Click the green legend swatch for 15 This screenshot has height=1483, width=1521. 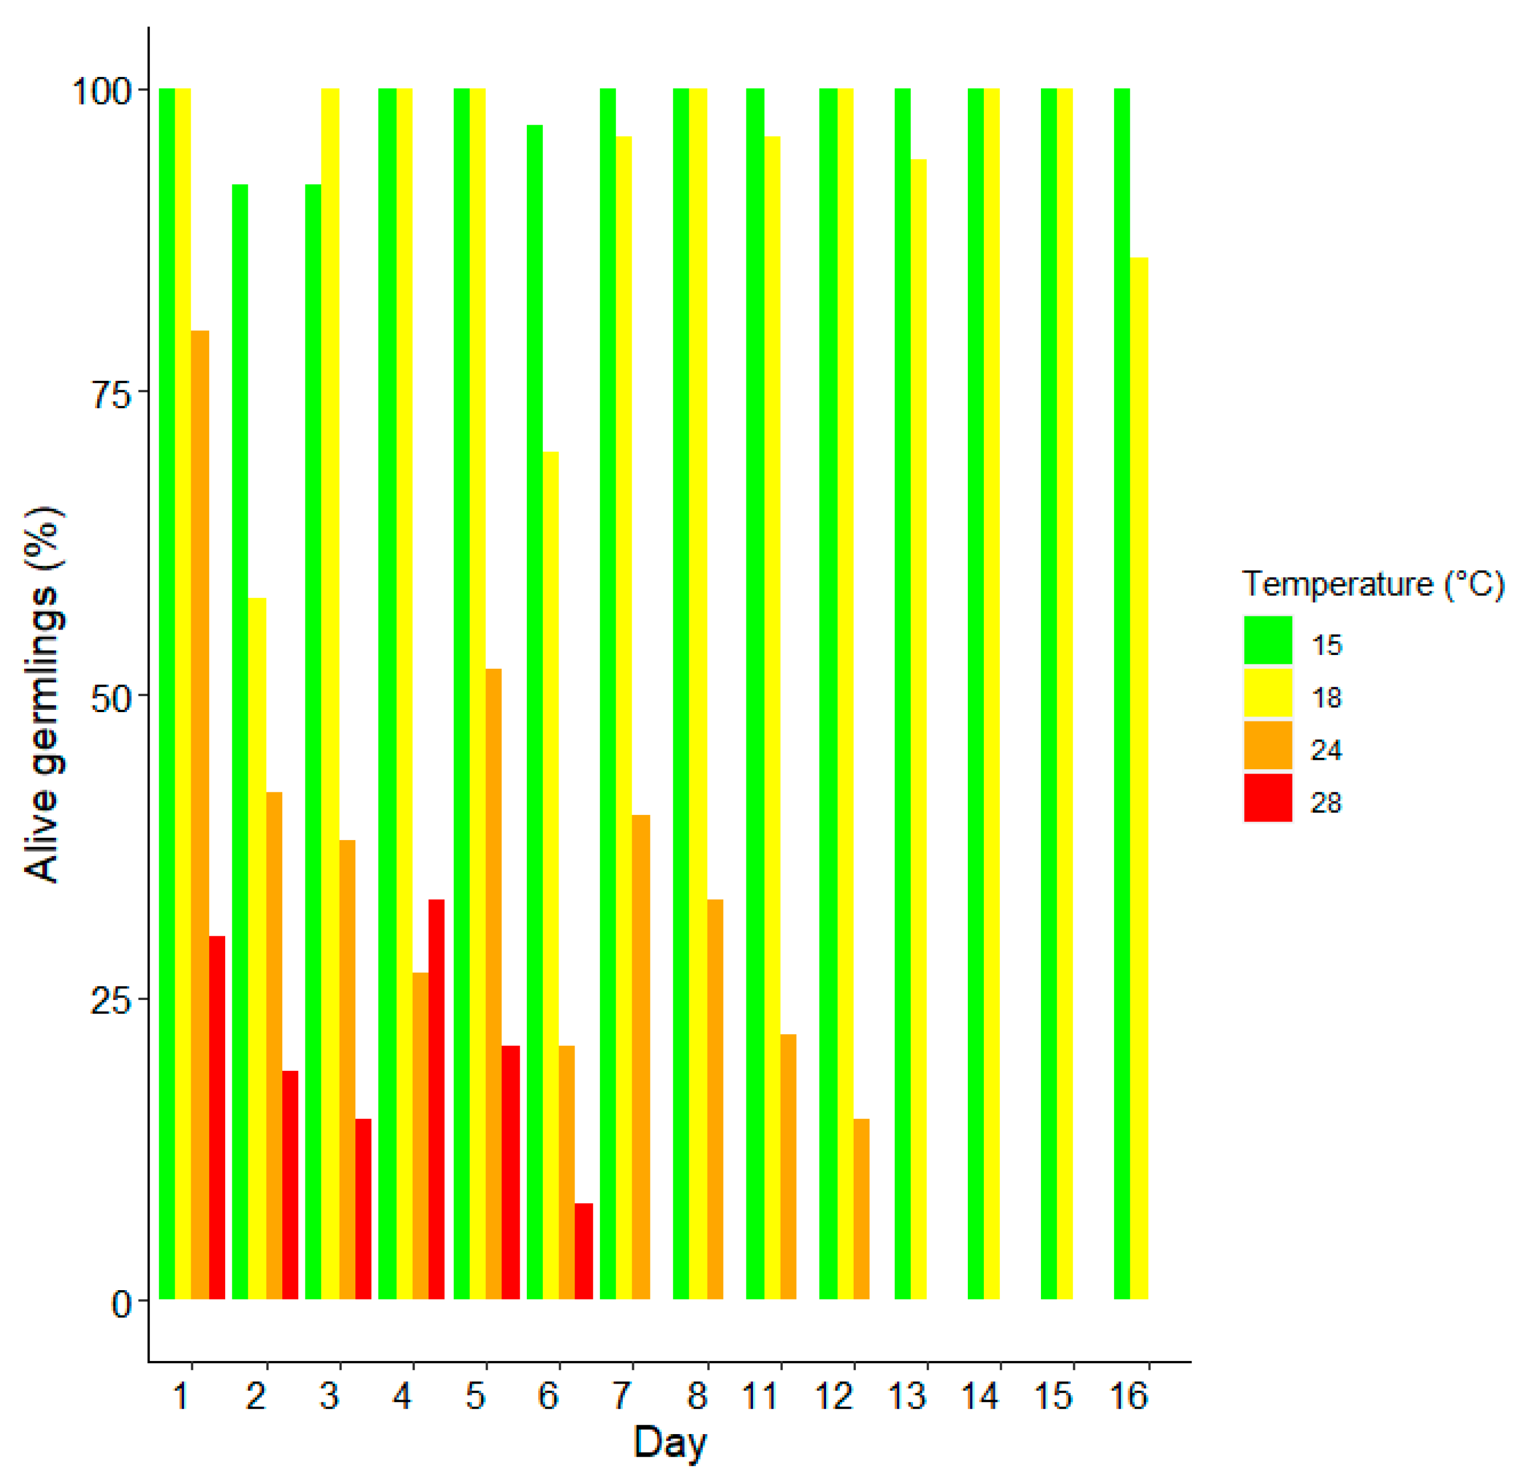tap(1267, 640)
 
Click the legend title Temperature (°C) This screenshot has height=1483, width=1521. tap(1372, 584)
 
